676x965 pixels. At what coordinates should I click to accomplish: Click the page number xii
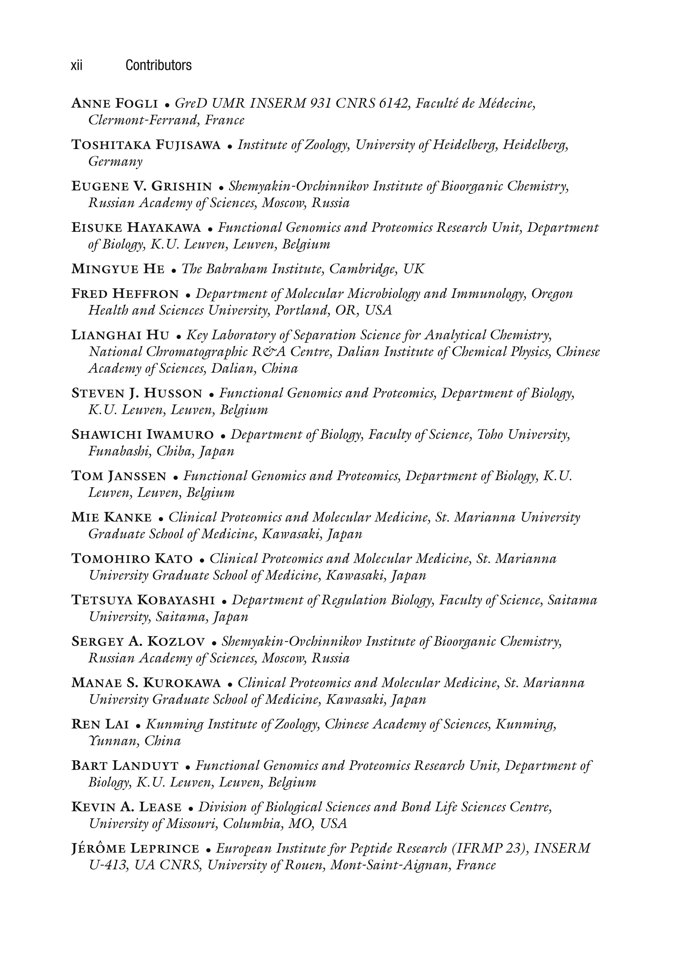coord(77,66)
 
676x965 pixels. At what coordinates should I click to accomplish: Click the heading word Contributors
coord(158,66)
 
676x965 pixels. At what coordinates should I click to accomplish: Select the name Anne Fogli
coord(115,104)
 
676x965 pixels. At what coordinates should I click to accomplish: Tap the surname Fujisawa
coord(188,145)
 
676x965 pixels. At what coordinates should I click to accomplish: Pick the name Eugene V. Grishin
coord(141,186)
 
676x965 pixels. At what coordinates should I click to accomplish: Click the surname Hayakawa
coord(164,228)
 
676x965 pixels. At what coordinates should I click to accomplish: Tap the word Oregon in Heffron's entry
coord(552,294)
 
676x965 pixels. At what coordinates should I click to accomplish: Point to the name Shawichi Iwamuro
coord(142,435)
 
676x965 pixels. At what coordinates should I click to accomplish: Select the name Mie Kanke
coord(112,517)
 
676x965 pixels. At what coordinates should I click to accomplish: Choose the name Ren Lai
coord(100,724)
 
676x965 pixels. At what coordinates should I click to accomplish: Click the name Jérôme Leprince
coord(135,849)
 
